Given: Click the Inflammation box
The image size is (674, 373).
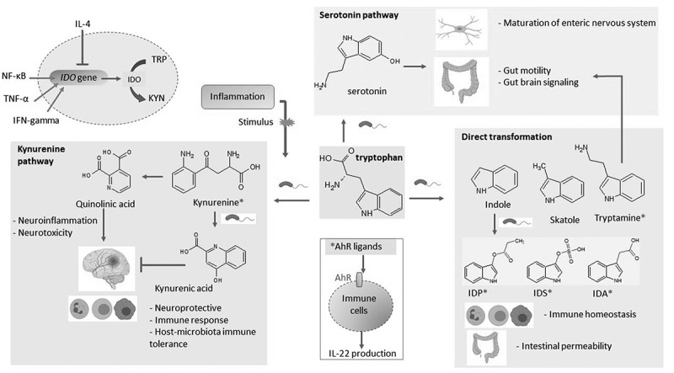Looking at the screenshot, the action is coord(238,97).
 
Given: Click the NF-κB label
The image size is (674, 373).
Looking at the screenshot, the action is coord(13,77).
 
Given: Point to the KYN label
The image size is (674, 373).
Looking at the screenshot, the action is coord(157,98).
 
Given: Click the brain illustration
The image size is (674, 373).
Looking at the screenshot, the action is coord(106,268).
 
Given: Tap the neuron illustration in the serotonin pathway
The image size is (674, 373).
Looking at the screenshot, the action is coord(460,29).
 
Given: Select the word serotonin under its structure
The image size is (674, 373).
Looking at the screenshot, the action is coord(367,91).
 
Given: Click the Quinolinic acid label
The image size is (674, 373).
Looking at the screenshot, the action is coord(105,204).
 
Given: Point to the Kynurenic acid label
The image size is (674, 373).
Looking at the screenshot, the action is coord(184,288).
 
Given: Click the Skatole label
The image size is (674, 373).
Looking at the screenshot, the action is coord(564,220).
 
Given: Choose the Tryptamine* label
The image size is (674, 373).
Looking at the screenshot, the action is coord(620,218).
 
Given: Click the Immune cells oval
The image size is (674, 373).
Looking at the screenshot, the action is coord(359,305).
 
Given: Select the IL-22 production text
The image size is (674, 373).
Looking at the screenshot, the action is coord(360,354).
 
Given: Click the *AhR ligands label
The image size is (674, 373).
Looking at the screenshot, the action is coord(356,247).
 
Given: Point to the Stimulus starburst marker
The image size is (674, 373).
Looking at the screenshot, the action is coord(284,122).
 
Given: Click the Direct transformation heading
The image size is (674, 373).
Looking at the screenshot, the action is coord(507,137).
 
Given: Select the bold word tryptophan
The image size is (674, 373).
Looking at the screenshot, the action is coord(379,157).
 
